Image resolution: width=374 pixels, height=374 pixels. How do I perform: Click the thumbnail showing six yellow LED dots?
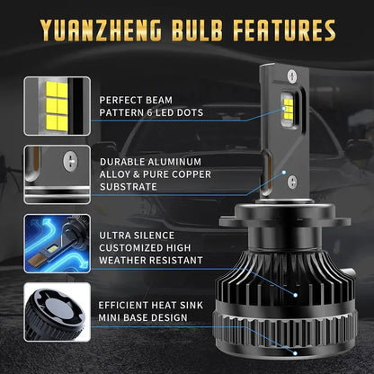[x=54, y=104]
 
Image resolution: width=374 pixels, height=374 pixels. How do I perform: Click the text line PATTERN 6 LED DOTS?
[x=152, y=112]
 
